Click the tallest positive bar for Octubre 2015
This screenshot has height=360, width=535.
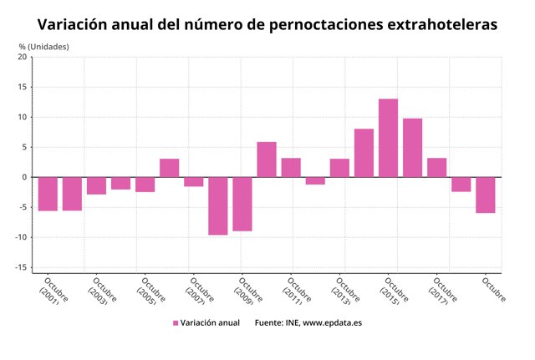[388, 138]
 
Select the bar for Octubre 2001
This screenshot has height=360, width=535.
[48, 194]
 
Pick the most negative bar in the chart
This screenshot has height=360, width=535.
[217, 205]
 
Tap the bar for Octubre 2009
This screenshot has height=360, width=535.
[242, 204]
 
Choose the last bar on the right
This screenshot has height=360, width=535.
[485, 195]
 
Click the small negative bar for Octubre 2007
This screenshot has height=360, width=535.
[194, 181]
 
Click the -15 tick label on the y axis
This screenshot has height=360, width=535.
[20, 267]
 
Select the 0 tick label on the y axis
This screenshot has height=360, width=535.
[24, 177]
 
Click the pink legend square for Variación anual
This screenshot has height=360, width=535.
[176, 322]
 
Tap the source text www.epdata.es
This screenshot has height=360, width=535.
[334, 322]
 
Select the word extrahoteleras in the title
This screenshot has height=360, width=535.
[442, 25]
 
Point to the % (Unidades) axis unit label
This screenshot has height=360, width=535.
[44, 46]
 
